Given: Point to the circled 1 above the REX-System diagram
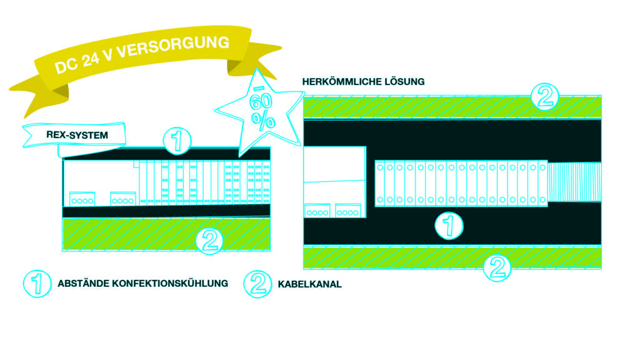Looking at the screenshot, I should point(177,142).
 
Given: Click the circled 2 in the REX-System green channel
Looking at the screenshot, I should point(209,240).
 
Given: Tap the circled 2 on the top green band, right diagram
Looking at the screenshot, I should point(543,97).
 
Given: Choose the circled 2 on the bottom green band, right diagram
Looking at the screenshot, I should point(497,267).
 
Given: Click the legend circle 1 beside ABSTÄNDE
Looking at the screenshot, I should point(37,283).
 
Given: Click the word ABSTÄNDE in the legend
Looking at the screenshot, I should point(83,283).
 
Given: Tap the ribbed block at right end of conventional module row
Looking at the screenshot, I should point(574,182).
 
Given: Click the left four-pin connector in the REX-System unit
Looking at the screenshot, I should point(82,198).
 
